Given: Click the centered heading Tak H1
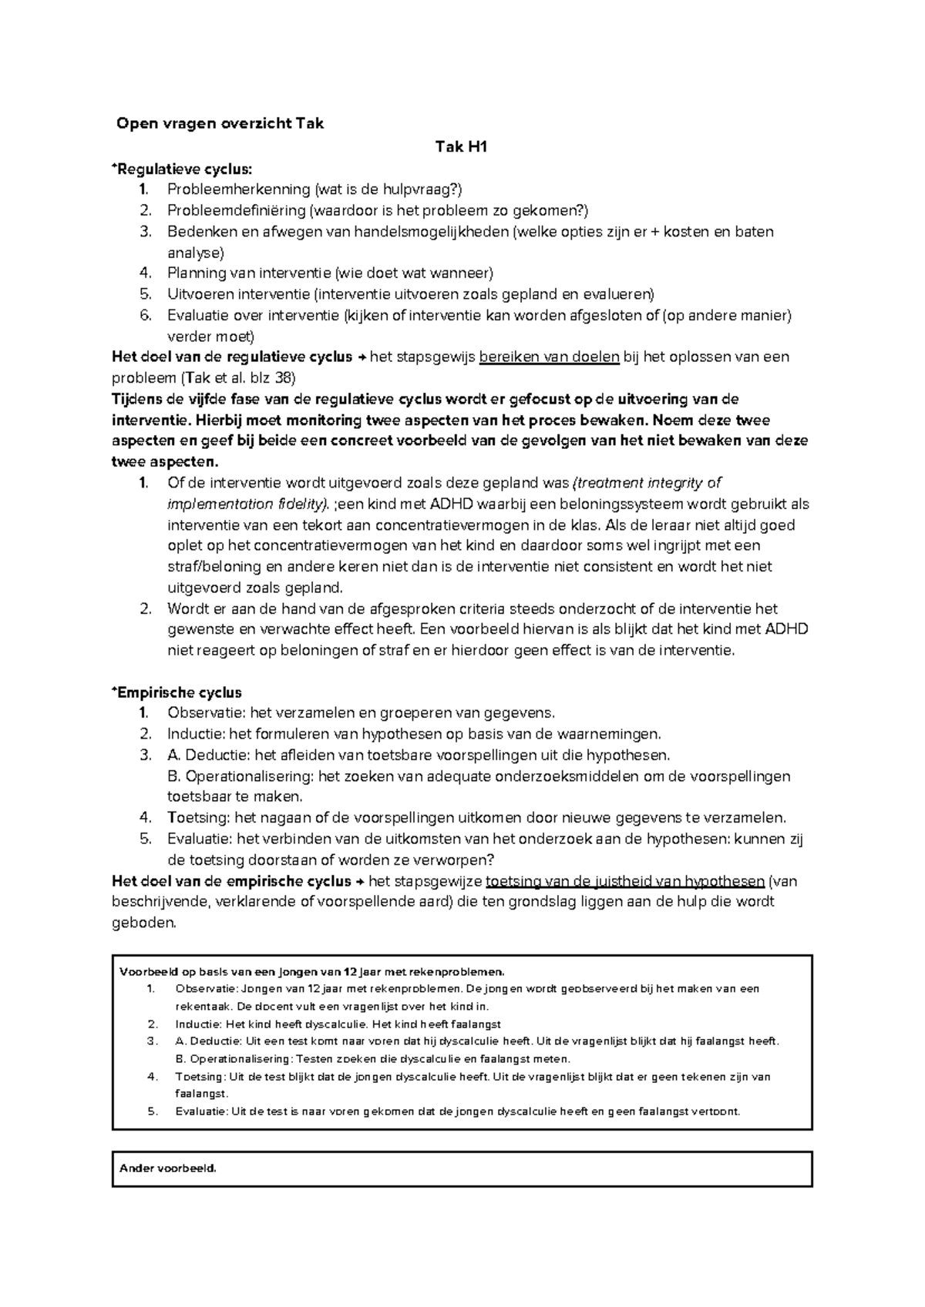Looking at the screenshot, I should [x=462, y=147].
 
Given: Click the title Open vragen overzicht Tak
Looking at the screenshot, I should [x=220, y=123].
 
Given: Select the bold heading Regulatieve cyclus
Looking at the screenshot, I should [x=183, y=169].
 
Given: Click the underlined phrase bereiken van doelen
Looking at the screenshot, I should [x=549, y=357].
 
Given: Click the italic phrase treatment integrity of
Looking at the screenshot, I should [x=648, y=484].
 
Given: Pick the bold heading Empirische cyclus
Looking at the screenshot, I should [x=179, y=692].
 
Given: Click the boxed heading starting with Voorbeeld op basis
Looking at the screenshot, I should [x=312, y=970].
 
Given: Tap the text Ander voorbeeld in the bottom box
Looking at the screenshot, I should [x=168, y=1168].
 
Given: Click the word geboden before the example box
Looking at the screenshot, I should [x=144, y=923].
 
